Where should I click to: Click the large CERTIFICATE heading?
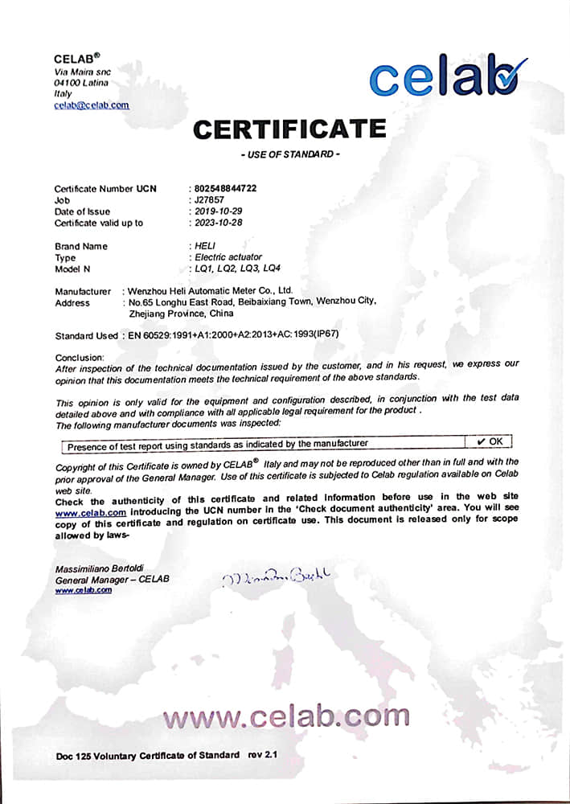(x=289, y=129)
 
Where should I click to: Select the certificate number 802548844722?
(x=222, y=188)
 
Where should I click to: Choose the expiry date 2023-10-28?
(x=215, y=223)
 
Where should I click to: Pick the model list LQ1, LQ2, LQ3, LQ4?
(x=236, y=269)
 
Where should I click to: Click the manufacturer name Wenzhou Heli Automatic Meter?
(x=211, y=290)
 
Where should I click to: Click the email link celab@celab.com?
(x=91, y=105)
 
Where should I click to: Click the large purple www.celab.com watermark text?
(x=286, y=715)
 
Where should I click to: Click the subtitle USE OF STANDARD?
(x=290, y=154)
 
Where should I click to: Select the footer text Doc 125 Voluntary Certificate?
(x=148, y=755)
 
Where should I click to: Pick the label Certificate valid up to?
(x=99, y=223)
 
